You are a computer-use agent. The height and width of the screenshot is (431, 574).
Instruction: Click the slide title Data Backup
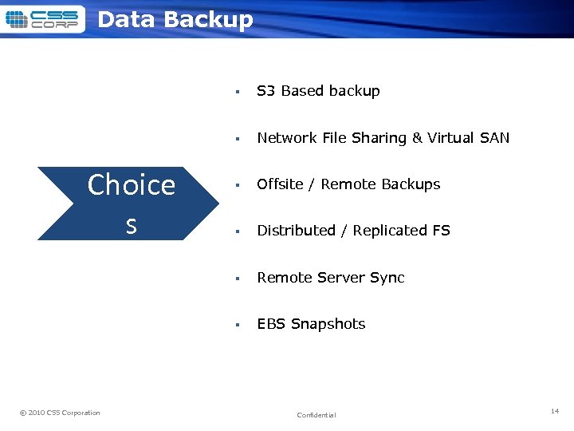(175, 20)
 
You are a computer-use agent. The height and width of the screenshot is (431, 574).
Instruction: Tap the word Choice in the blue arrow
(131, 185)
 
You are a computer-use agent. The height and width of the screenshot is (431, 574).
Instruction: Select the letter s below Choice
(132, 227)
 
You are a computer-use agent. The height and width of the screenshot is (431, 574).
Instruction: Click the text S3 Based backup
(318, 91)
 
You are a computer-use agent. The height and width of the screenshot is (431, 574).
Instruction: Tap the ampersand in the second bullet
(417, 138)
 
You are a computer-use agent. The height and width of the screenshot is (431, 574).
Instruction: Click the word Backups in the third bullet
(411, 184)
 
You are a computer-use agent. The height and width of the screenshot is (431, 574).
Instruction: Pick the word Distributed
(296, 231)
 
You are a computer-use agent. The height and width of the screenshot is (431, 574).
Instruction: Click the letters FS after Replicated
(441, 231)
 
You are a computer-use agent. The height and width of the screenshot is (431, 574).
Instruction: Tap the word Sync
(387, 278)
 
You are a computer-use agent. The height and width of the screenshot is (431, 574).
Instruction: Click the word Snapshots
(328, 324)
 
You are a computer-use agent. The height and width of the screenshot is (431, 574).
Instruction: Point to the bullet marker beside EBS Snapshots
(238, 325)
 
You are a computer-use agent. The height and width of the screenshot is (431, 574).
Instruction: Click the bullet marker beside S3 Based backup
(238, 92)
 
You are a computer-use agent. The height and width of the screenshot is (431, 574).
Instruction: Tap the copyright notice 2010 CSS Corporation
(60, 413)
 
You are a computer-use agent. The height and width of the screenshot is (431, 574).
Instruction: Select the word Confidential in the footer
(316, 415)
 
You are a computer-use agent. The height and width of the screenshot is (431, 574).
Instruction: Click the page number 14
(555, 410)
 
